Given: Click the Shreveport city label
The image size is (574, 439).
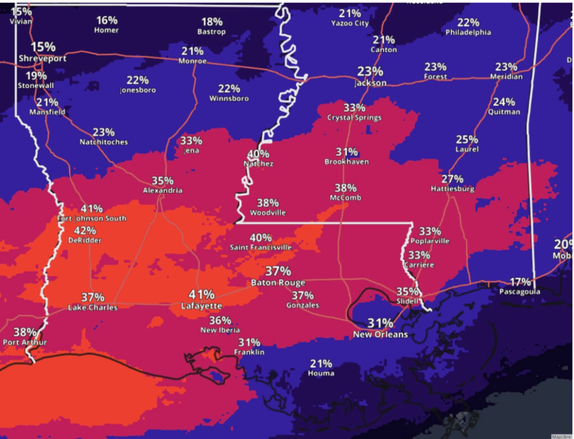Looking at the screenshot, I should click(43, 58).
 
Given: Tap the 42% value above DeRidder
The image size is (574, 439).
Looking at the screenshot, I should click(85, 231).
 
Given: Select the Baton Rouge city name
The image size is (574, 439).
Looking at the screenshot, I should click(278, 282).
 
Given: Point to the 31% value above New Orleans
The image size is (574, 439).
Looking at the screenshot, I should click(380, 323).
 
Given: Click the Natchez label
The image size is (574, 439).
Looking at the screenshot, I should click(258, 164).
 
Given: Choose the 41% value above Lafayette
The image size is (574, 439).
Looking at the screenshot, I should click(201, 295).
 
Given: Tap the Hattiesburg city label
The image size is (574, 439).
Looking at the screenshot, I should click(452, 189).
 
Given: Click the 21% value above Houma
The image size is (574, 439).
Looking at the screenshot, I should click(321, 363).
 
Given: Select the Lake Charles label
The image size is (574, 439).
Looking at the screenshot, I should click(92, 307).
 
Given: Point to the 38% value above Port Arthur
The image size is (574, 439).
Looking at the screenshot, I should click(25, 331).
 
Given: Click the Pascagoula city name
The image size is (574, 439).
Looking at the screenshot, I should click(521, 292).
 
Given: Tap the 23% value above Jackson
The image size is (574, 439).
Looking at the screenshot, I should click(370, 72).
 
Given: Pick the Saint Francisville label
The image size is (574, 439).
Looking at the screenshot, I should click(261, 247).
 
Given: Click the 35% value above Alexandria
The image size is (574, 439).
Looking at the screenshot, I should click(163, 181).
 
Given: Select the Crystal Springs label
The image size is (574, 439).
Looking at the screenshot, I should click(354, 118).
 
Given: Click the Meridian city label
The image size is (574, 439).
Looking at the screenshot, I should click(506, 76).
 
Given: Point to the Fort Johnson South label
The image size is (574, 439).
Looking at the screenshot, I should click(91, 218).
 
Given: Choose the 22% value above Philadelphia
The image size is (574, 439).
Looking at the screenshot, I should click(468, 22).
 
